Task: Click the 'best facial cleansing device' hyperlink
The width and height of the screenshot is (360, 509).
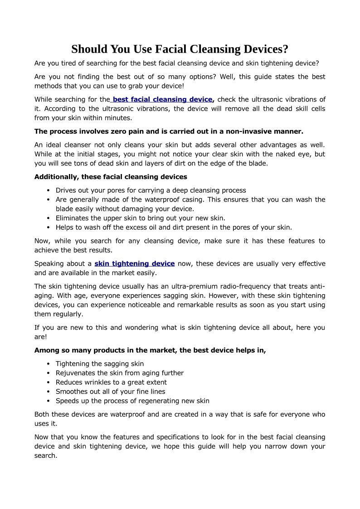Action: coord(162,99)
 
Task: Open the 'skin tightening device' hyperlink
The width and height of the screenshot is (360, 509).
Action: coord(135,263)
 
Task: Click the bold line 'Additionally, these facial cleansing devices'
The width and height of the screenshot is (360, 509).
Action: coord(111,177)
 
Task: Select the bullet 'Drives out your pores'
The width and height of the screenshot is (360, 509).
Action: coord(151,190)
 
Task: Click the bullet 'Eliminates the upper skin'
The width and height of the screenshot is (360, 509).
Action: coord(140,218)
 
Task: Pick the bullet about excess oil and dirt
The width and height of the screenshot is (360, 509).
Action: coord(174,228)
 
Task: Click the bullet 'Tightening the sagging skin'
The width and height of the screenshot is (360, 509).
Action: coord(99,364)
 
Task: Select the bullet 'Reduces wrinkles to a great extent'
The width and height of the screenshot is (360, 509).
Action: coord(111,382)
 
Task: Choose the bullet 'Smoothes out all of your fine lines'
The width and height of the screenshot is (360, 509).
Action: coord(110,392)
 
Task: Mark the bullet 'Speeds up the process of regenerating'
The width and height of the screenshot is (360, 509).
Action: coord(132,401)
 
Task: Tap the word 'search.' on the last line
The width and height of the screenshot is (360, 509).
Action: coord(45,456)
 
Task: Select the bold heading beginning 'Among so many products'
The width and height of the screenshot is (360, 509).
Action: coord(150,350)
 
